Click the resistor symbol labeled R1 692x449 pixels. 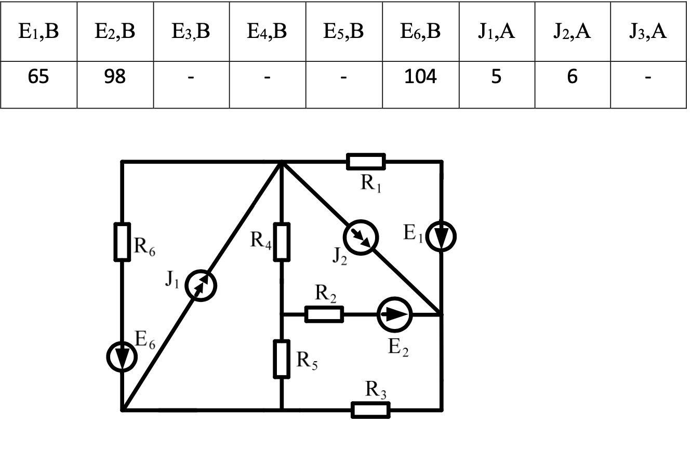[366, 162]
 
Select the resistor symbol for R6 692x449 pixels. [122, 242]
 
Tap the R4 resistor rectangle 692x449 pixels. [282, 242]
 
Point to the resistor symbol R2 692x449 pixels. [324, 314]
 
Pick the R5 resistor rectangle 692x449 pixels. [282, 359]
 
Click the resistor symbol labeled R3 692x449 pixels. [370, 410]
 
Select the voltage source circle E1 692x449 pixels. [441, 236]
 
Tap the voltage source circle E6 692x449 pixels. [122, 357]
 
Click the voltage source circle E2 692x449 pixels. [395, 314]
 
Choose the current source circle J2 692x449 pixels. [363, 237]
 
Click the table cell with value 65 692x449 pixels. [39, 77]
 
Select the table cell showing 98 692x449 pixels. [115, 77]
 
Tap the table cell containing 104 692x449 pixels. [420, 77]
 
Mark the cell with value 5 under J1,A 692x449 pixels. [497, 77]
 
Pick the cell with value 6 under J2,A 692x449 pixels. [573, 77]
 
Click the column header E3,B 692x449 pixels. [191, 32]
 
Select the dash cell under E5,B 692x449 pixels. [344, 77]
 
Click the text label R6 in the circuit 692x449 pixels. [145, 246]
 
